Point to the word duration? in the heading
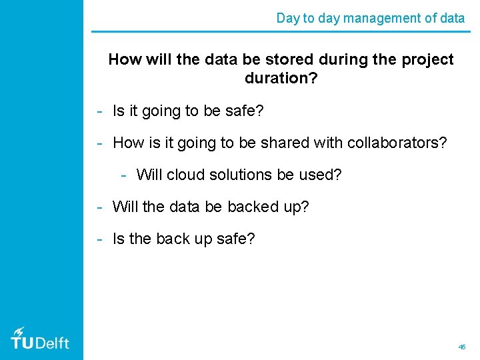tap(281, 78)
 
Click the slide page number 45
tap(462, 347)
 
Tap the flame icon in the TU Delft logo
tap(19, 331)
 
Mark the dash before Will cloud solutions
tap(124, 175)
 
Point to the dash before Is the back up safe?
tap(99, 239)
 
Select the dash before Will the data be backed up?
tap(99, 207)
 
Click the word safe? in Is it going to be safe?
tap(244, 111)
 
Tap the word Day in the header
tap(287, 18)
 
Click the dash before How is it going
tap(99, 143)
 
